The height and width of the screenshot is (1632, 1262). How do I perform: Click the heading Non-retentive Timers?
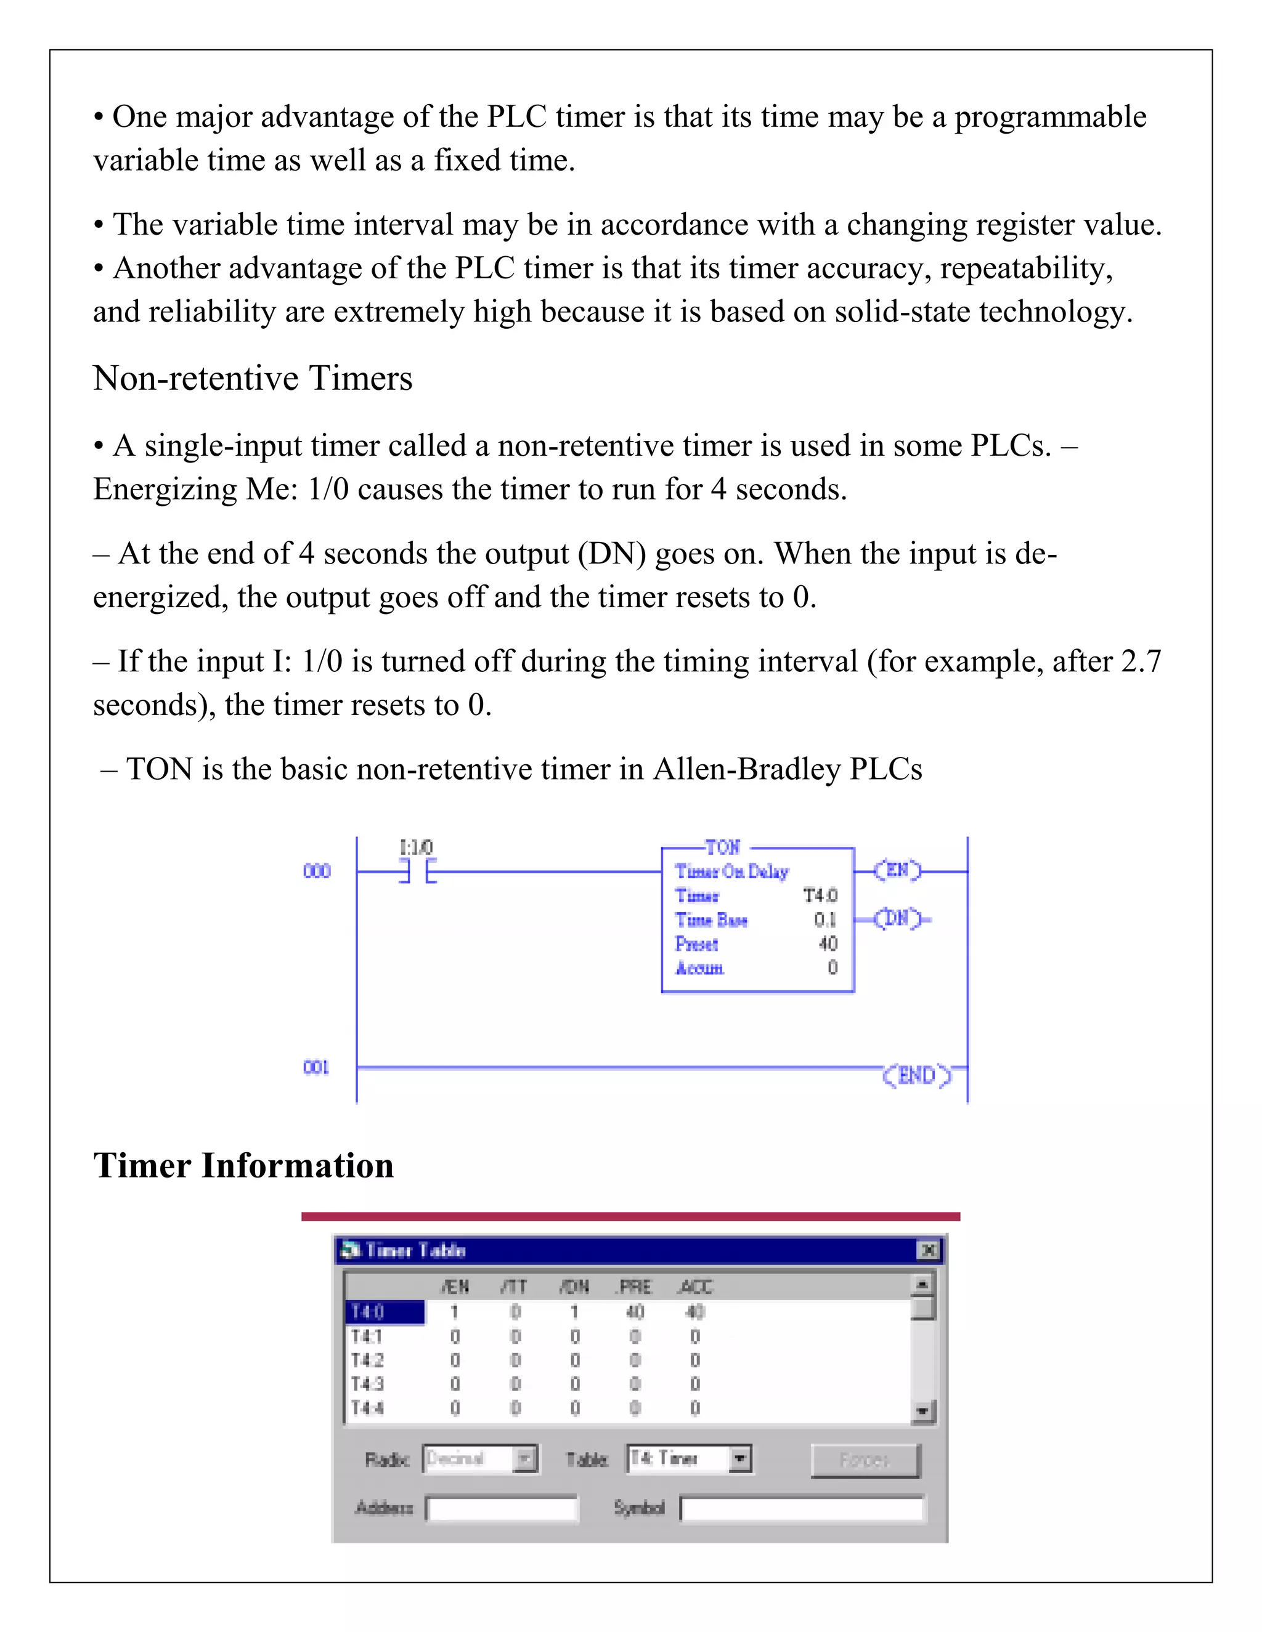(252, 378)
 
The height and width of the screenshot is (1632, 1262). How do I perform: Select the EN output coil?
(897, 871)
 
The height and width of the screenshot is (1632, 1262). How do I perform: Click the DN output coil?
(897, 918)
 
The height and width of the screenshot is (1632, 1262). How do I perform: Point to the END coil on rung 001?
(916, 1075)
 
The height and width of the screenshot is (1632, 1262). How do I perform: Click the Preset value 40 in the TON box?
(828, 943)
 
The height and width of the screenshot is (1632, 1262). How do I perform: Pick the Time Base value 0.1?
(824, 920)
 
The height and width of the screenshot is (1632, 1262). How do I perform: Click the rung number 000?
(317, 871)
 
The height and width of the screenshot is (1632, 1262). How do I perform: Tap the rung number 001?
(316, 1067)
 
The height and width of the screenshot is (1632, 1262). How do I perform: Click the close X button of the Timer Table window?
(928, 1250)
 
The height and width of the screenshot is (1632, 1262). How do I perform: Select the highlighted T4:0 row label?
(385, 1312)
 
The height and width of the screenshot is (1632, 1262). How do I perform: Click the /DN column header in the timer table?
(574, 1287)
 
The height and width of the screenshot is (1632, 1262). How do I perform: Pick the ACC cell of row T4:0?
(695, 1312)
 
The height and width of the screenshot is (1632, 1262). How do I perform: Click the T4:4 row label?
(368, 1408)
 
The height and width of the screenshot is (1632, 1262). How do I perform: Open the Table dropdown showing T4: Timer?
(740, 1458)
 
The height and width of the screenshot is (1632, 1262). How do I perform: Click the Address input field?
(502, 1508)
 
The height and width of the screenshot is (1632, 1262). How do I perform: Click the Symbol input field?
(802, 1508)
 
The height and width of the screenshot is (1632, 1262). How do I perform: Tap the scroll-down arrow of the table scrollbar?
(924, 1411)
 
